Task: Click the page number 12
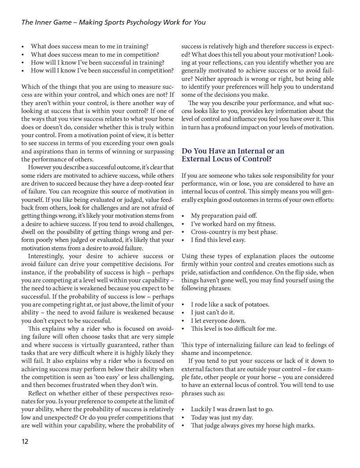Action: click(25, 442)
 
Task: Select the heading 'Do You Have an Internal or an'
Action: click(233, 151)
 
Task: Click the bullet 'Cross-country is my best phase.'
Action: click(234, 232)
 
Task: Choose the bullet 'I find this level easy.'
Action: click(218, 240)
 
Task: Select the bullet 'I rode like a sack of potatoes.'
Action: click(230, 304)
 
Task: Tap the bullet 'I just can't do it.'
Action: click(213, 313)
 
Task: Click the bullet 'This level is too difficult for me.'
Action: click(234, 329)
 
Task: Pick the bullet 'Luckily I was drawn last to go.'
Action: click(232, 409)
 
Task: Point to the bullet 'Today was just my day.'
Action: click(222, 417)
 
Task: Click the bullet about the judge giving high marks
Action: click(253, 425)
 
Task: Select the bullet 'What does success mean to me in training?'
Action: click(89, 46)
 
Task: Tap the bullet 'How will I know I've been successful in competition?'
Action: click(102, 70)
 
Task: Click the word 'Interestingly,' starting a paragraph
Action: click(48, 256)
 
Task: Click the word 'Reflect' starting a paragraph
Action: click(39, 393)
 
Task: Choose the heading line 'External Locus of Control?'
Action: click(227, 159)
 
